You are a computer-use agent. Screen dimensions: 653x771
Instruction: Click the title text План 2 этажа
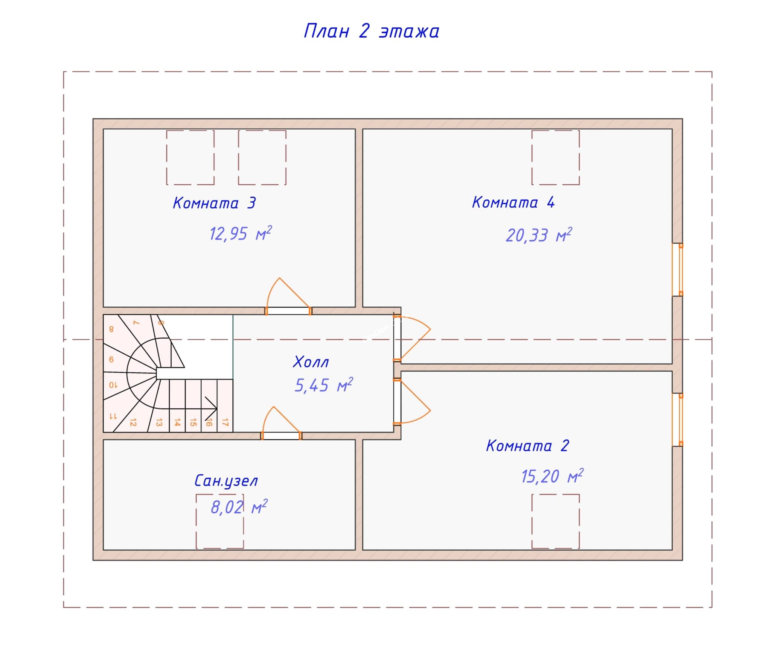tap(371, 31)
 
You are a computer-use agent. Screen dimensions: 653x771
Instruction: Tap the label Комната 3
tap(214, 203)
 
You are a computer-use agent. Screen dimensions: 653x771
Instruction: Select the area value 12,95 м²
tap(240, 234)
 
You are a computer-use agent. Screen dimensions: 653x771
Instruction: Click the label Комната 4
tap(513, 202)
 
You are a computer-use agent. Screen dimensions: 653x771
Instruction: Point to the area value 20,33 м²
tap(538, 235)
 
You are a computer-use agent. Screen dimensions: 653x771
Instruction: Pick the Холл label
tap(311, 362)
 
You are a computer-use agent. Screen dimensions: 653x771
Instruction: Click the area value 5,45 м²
tap(323, 385)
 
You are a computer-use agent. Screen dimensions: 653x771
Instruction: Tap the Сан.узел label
tap(226, 481)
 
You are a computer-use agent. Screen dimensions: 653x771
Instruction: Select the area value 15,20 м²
tap(552, 477)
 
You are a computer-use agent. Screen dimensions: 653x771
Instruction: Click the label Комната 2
tap(527, 446)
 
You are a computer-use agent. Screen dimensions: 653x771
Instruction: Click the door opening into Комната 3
tap(288, 311)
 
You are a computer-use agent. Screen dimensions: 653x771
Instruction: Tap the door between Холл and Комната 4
tap(398, 337)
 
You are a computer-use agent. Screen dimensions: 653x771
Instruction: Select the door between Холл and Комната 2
tap(398, 402)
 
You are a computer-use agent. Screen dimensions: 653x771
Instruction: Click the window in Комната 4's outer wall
tap(678, 269)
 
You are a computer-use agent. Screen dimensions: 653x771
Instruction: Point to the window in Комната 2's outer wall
tap(678, 420)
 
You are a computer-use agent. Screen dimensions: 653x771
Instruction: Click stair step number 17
tap(225, 422)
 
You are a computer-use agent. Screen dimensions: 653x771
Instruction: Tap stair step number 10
tap(113, 385)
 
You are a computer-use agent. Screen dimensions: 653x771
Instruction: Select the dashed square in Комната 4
tap(555, 158)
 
